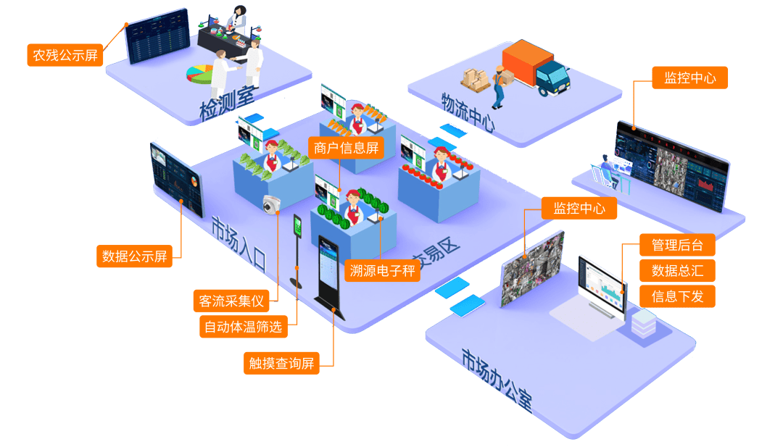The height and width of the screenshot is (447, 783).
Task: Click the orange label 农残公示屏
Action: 65,55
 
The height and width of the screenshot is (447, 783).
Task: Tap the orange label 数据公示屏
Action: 134,256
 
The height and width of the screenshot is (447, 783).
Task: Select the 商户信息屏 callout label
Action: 346,149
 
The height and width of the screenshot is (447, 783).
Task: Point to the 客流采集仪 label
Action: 231,301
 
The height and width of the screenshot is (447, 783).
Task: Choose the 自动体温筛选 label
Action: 243,327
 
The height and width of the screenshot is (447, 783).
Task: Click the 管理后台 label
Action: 677,245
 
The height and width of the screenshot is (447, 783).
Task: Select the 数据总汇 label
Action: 677,270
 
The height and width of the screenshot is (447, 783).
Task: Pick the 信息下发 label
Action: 677,296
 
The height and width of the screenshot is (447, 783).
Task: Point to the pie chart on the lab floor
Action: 200,74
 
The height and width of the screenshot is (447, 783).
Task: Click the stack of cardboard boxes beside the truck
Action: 476,80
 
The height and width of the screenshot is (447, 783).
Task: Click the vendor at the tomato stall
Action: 440,164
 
